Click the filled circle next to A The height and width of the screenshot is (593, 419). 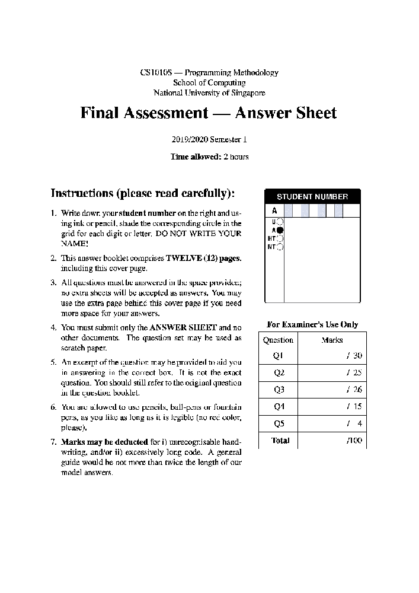(280, 230)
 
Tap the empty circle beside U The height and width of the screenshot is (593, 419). (280, 222)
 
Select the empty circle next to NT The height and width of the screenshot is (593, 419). (280, 247)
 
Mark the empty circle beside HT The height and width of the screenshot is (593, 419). (280, 238)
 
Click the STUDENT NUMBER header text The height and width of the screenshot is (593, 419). (312, 197)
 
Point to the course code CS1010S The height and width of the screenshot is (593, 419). (156, 72)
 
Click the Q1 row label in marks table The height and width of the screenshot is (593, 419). (279, 356)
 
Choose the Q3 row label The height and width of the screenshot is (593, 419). (279, 390)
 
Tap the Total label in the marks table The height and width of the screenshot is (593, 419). (280, 441)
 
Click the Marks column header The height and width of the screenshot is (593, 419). (332, 340)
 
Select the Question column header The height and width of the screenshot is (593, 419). (278, 340)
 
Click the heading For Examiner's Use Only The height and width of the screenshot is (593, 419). (312, 325)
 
